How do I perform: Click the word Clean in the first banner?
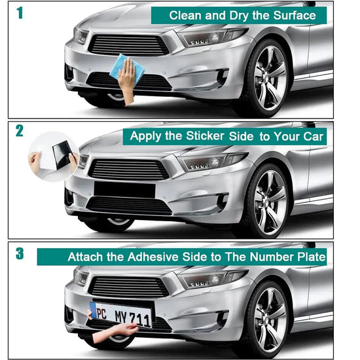tap(185, 15)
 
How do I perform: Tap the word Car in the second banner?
tap(313, 137)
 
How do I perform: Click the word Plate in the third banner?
tap(311, 257)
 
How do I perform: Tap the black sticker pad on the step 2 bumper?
tap(124, 189)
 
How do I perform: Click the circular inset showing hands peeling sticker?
tap(54, 154)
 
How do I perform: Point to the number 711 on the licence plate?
tap(139, 317)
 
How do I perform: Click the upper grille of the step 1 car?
tap(128, 45)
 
